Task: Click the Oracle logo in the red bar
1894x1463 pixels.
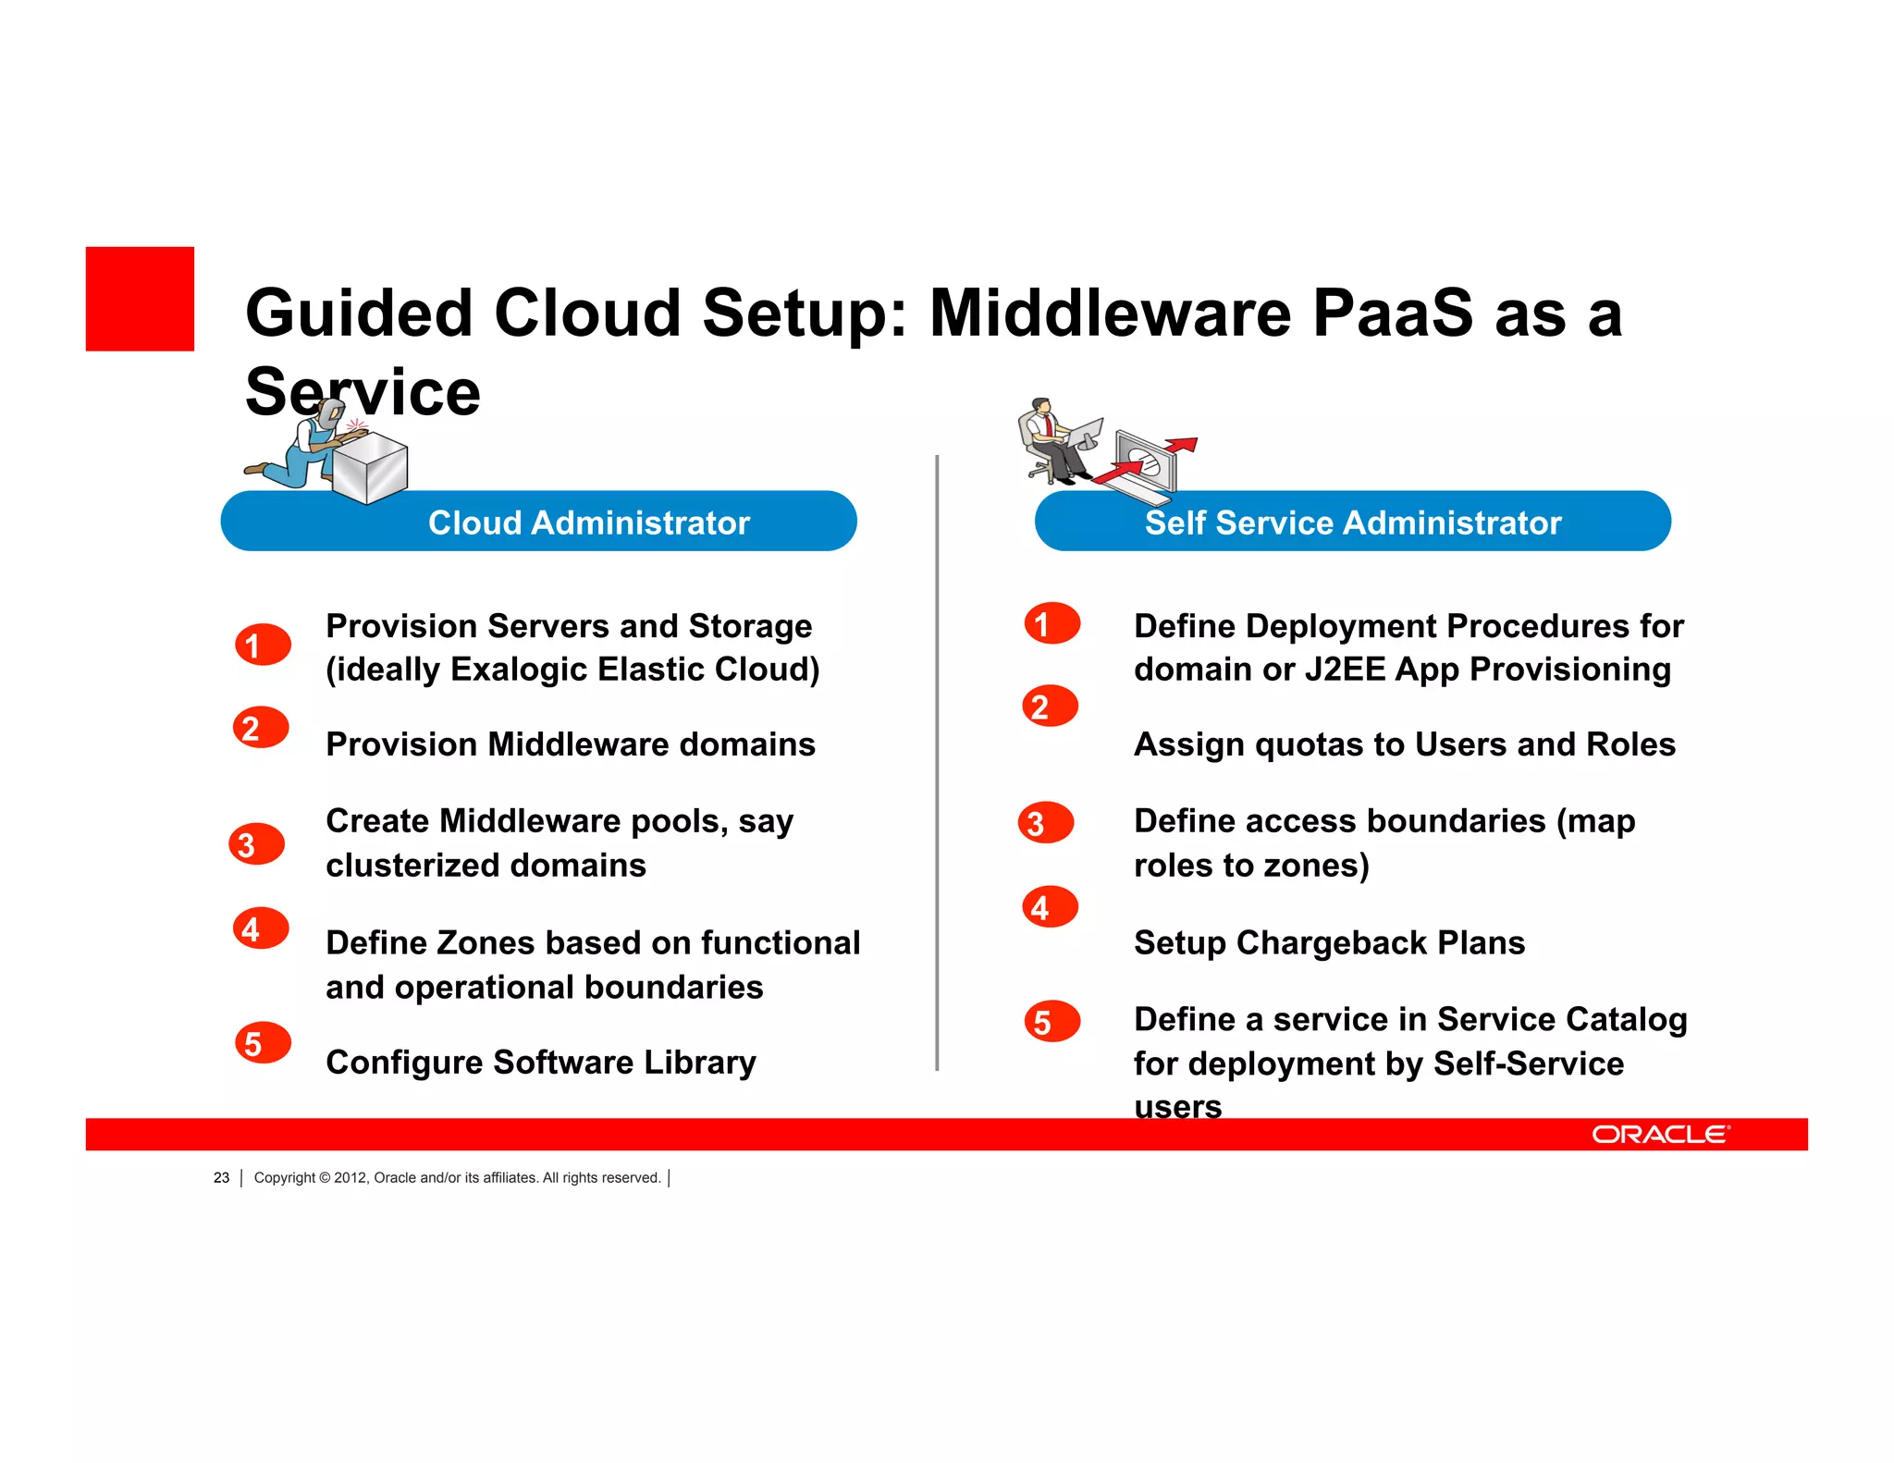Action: tap(1660, 1134)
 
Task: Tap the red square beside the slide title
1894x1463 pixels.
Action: tap(140, 299)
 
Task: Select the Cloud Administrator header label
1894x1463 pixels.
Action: tap(588, 522)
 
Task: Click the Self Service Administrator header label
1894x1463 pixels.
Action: tap(1352, 522)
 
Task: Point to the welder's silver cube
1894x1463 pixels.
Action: tap(370, 468)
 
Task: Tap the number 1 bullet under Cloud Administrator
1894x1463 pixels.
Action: tap(263, 645)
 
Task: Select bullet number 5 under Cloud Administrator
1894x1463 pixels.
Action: tap(263, 1043)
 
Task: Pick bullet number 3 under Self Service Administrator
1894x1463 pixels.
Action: tap(1045, 822)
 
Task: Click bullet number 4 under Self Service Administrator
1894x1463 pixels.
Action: tap(1050, 907)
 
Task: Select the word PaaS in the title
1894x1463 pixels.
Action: tap(1392, 313)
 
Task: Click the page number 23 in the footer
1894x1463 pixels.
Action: tap(221, 1177)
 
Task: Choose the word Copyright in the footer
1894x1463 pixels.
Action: tap(285, 1177)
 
